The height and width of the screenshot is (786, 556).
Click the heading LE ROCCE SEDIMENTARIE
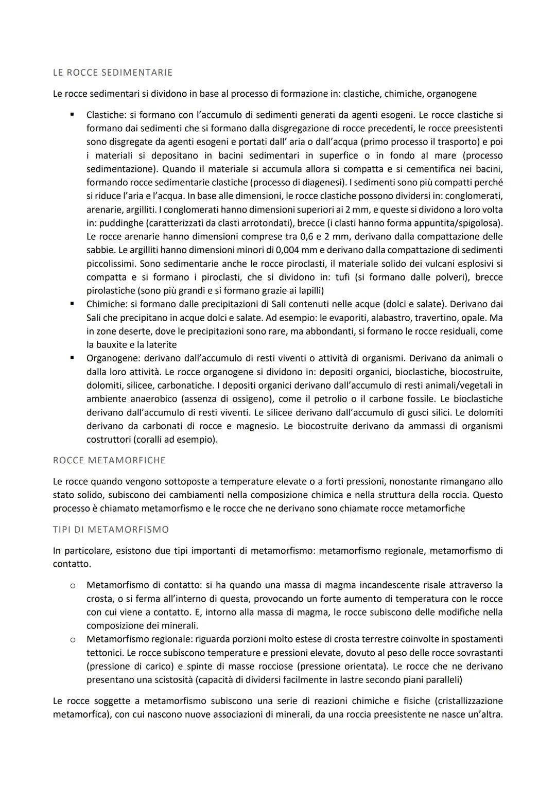(x=112, y=73)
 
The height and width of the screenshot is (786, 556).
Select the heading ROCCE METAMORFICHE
(x=109, y=460)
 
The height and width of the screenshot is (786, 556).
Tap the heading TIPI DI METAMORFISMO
(x=111, y=529)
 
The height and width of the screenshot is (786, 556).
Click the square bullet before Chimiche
(x=73, y=304)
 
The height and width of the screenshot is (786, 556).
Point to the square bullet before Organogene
(x=73, y=358)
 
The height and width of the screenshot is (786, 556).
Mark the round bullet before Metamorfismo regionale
(x=73, y=639)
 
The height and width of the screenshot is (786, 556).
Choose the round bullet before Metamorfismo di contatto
(x=73, y=585)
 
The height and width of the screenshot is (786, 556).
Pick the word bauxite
(x=114, y=344)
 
